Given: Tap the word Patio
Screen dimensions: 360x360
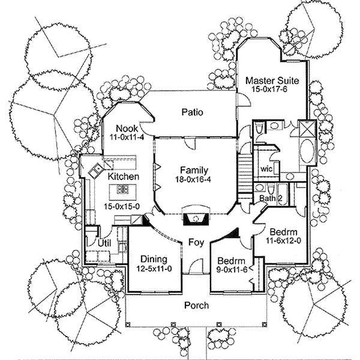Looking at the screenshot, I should click(192, 112).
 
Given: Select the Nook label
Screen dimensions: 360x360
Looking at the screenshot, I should click(127, 128).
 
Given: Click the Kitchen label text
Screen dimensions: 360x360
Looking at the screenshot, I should click(124, 177).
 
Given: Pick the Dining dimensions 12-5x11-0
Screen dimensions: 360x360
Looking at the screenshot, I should click(154, 268).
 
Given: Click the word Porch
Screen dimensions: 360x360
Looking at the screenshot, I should click(196, 305).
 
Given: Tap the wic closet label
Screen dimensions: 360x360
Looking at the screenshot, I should click(266, 169).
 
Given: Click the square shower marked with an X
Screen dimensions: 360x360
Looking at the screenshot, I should click(305, 130).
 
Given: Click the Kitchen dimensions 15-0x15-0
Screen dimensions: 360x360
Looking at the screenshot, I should click(122, 206).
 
